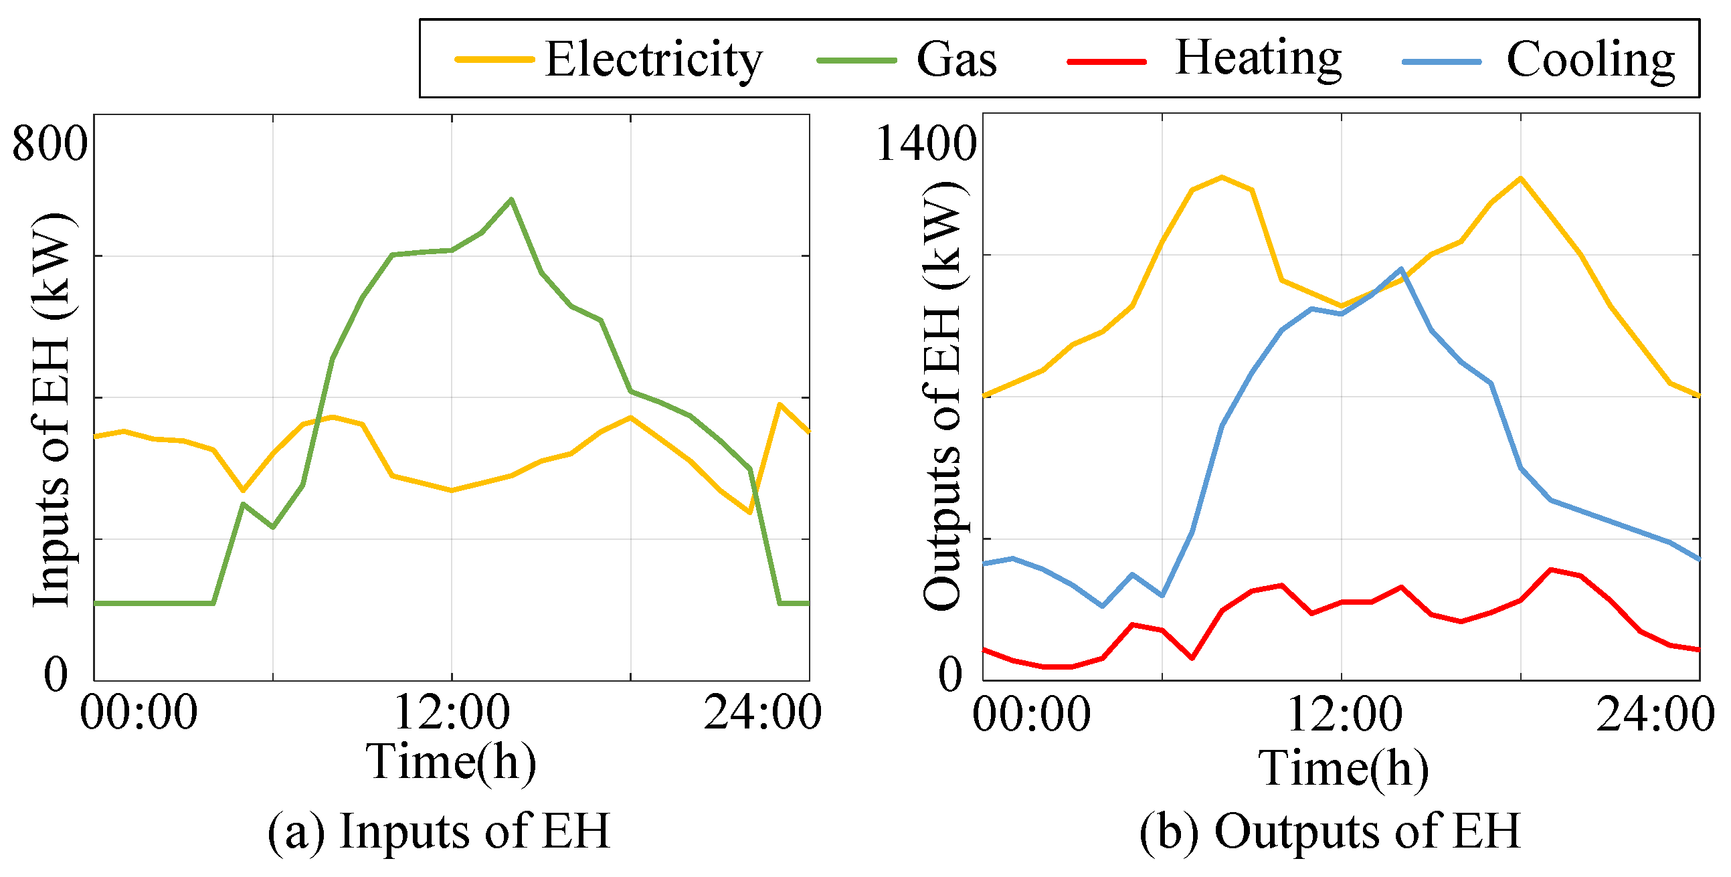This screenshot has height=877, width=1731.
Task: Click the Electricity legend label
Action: (x=653, y=60)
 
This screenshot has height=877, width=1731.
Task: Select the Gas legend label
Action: (x=956, y=60)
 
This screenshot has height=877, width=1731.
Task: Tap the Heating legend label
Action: (x=1258, y=59)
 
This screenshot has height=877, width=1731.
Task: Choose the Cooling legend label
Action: (x=1590, y=60)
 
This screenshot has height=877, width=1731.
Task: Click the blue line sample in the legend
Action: (x=1442, y=62)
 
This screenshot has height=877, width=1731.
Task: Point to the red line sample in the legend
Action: (x=1107, y=62)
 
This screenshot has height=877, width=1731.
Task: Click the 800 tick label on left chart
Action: (x=50, y=143)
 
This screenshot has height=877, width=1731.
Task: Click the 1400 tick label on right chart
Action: (x=926, y=143)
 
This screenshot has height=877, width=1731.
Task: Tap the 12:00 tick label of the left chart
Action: (x=452, y=712)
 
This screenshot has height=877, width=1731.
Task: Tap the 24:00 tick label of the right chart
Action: (x=1655, y=714)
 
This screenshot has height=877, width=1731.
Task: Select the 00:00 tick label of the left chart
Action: (x=139, y=712)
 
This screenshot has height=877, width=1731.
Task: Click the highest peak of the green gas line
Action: (x=511, y=199)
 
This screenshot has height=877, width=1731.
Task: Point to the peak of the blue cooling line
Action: (x=1401, y=269)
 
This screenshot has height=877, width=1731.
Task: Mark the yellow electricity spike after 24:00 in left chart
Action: (x=779, y=404)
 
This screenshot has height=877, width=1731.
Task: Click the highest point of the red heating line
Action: (x=1550, y=569)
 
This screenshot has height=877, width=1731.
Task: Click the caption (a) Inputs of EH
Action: (x=439, y=832)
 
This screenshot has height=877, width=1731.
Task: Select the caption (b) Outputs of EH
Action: (x=1330, y=832)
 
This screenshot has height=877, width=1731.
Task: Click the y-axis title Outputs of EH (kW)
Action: (x=943, y=397)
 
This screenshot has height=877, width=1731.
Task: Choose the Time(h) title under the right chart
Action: (x=1344, y=768)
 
